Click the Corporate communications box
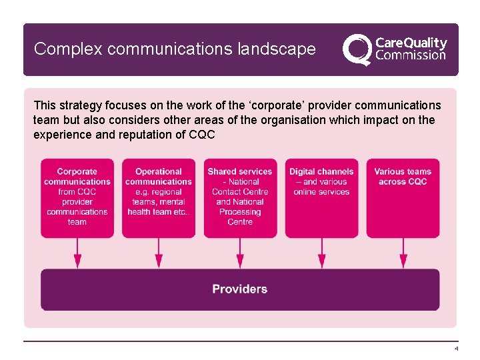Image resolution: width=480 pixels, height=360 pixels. point(77,197)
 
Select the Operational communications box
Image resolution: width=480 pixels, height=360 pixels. point(159,197)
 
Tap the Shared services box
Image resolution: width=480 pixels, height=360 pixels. point(240,197)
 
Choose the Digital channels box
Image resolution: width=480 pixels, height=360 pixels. point(321,197)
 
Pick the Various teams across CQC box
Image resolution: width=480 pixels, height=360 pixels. point(403,197)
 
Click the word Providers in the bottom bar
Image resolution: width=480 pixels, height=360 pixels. point(240,289)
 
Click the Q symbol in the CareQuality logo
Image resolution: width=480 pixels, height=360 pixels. point(357,49)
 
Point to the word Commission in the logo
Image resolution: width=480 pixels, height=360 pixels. point(411,55)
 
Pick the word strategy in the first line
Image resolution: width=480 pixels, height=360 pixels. point(79,105)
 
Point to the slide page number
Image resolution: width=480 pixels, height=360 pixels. point(456,349)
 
